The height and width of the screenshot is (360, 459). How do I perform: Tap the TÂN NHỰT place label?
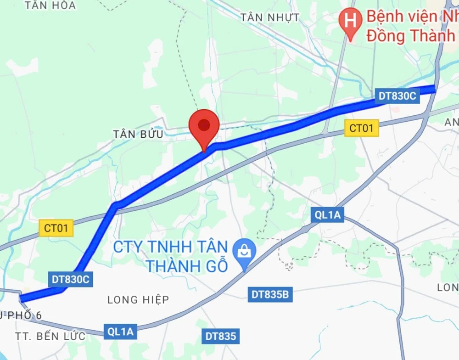click(x=270, y=18)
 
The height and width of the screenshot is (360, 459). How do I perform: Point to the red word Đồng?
click(x=386, y=36)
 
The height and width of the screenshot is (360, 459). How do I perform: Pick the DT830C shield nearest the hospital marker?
click(x=397, y=96)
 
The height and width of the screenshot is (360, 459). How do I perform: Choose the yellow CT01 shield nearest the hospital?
click(x=362, y=128)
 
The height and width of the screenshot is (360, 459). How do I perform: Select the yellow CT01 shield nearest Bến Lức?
click(x=56, y=228)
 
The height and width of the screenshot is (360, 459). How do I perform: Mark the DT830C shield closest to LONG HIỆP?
click(x=70, y=279)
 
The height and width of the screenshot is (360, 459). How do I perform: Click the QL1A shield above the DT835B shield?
click(x=327, y=214)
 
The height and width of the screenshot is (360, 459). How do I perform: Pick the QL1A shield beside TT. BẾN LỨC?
click(x=120, y=332)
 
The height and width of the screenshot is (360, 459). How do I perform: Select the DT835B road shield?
click(x=270, y=294)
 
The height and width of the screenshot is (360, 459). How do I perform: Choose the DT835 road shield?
click(x=220, y=337)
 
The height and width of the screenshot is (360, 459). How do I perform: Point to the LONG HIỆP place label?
click(x=138, y=300)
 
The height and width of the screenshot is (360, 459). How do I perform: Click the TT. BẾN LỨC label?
click(x=50, y=336)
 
